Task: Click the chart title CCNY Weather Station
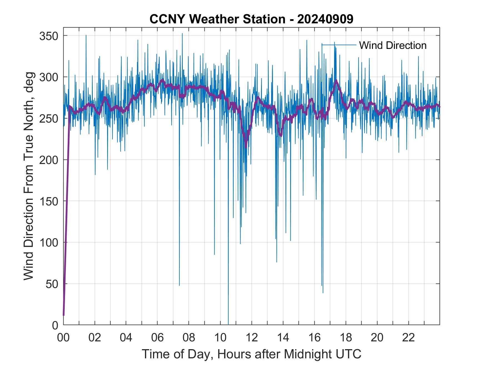click(251, 19)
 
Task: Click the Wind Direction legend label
click(393, 45)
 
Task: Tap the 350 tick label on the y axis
click(49, 36)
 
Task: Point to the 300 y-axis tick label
click(49, 77)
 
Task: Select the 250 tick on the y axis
click(49, 118)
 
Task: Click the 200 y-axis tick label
click(49, 160)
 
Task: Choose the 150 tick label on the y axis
click(49, 201)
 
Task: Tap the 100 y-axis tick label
click(49, 242)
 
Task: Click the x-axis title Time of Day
click(251, 354)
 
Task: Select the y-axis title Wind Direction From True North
click(29, 176)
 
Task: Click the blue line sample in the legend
click(339, 45)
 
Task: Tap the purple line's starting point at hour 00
click(64, 315)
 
